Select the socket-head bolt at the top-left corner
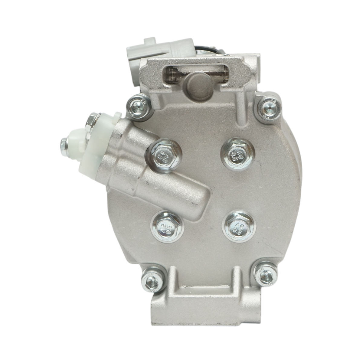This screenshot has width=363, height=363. click(x=136, y=106)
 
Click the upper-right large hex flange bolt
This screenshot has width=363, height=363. click(x=236, y=154)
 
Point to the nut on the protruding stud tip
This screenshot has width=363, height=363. click(x=64, y=142)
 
